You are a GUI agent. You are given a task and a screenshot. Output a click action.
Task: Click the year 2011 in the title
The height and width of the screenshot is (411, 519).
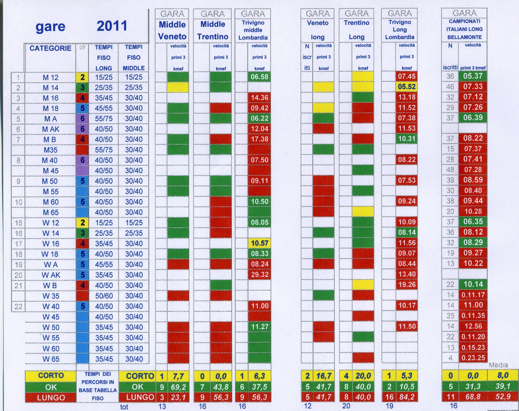tap(112, 26)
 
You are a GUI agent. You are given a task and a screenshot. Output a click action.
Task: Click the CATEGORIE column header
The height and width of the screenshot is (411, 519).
tap(50, 48)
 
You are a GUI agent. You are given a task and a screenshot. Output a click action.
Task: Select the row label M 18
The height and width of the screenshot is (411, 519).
tap(50, 108)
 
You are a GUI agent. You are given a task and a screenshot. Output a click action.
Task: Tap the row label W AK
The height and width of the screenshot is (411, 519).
tap(51, 275)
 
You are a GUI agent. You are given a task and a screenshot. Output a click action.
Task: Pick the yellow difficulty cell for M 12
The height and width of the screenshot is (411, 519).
tap(82, 77)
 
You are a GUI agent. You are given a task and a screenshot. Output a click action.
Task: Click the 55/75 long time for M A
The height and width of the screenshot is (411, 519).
tap(104, 119)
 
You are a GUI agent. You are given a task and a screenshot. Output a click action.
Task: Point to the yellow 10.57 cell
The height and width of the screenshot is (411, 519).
tap(259, 243)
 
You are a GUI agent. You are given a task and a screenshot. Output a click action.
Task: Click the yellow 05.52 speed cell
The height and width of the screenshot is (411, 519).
tap(407, 87)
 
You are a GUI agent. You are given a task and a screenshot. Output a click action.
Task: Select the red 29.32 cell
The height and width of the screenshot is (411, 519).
tap(259, 275)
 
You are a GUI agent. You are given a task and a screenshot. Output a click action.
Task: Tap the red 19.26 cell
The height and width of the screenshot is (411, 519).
tap(407, 285)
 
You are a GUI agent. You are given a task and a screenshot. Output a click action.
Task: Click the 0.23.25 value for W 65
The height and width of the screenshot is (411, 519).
tap(473, 358)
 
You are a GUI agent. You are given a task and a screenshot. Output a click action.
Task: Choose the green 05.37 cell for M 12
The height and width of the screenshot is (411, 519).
tap(473, 76)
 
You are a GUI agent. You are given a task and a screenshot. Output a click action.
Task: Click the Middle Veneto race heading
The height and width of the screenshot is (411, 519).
tap(172, 31)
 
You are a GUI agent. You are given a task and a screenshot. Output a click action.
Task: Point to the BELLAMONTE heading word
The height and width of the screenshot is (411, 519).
tap(465, 37)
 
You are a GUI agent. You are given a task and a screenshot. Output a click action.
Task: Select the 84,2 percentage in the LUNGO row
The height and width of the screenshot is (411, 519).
tap(407, 397)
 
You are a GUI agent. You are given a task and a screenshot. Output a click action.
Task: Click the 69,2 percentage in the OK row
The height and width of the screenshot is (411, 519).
tap(178, 387)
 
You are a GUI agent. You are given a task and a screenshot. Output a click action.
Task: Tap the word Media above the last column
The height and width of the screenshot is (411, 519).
tap(498, 365)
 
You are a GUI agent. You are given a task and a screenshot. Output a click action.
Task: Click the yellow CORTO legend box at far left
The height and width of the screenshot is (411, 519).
tap(51, 376)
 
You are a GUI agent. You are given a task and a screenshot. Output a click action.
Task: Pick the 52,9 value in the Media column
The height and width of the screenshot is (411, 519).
tap(503, 397)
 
